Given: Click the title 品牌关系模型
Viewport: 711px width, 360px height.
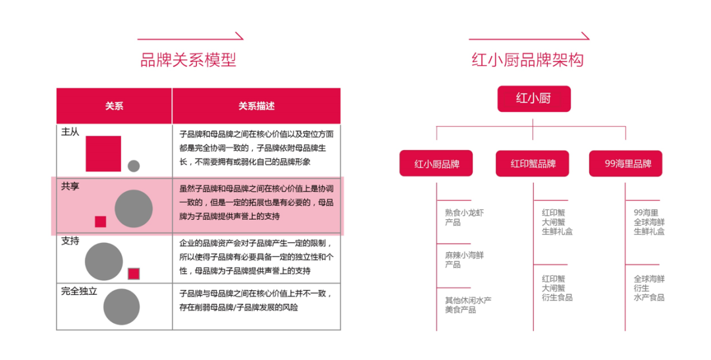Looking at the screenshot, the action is coord(188,60).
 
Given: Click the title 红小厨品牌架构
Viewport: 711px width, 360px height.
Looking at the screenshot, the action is coord(527,60).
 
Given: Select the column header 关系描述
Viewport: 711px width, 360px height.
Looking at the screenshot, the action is coord(256,106).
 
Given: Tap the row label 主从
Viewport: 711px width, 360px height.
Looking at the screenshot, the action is coord(70,132).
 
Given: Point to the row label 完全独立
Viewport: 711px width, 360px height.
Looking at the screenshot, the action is coord(80,291).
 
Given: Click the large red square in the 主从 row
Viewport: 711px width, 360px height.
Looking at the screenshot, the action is coord(103,154).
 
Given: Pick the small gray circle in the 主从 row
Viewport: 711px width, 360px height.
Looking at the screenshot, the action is coord(134,166).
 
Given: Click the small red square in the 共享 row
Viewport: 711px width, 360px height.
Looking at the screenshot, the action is coord(100,222).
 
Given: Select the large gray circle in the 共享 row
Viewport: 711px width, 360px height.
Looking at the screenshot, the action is coord(133,209).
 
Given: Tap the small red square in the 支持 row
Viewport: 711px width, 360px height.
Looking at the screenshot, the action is coord(134,274).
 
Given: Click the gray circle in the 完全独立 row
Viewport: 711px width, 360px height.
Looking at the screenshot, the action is coord(122,307).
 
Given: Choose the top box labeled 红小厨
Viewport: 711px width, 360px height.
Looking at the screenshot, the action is coord(534,99).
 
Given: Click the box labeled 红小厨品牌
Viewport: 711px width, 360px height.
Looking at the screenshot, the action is coord(436,164).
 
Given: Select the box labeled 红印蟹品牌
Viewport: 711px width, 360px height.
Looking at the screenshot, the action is coord(533,164).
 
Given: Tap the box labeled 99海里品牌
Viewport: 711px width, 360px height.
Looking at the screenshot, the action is coord(626,164).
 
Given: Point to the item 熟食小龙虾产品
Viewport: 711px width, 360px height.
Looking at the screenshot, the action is coord(464,217).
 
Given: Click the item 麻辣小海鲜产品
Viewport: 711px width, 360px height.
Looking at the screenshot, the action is coord(464,260).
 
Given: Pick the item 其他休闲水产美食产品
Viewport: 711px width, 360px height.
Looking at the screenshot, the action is coord(468,305).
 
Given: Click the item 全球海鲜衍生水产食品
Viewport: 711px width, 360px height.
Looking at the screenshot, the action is coord(649,288).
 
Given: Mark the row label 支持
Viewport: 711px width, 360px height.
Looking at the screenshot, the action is coord(70,242).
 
